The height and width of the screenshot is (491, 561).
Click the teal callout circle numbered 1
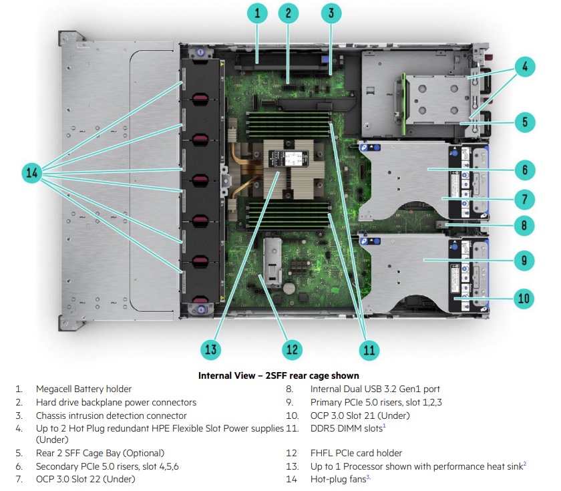coord(257,13)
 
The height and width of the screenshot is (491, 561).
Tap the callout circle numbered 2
coord(289,13)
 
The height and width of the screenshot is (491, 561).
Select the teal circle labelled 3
coord(331,13)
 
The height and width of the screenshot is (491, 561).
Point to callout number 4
coord(525,66)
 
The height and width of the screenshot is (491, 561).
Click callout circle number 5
coord(525,122)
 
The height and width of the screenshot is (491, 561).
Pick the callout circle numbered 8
coord(525,225)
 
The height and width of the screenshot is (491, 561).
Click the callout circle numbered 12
coord(291,349)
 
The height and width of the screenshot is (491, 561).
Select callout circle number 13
coord(212,349)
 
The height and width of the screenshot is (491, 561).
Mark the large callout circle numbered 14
coord(31,172)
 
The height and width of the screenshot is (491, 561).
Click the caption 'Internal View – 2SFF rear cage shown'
coord(278,375)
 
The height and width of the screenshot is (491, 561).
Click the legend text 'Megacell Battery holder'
coord(83,389)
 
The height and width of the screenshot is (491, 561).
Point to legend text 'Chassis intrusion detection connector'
coord(111,416)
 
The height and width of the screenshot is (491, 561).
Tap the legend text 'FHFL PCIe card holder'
coord(356,453)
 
